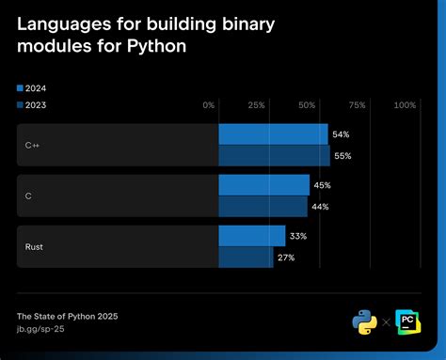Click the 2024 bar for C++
point(273,134)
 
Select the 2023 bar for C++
point(274,155)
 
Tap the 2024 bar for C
point(263,185)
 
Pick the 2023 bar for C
point(263,206)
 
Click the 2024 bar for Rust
point(251,236)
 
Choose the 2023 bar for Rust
point(246,257)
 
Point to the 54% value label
point(342,134)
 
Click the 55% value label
point(342,156)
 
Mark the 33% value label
point(298,236)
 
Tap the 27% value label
point(287,258)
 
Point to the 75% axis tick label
point(356,105)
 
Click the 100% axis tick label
point(405,105)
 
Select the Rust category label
point(34,247)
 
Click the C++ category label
point(33,146)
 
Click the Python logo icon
point(364,321)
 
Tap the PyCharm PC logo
point(409,321)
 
